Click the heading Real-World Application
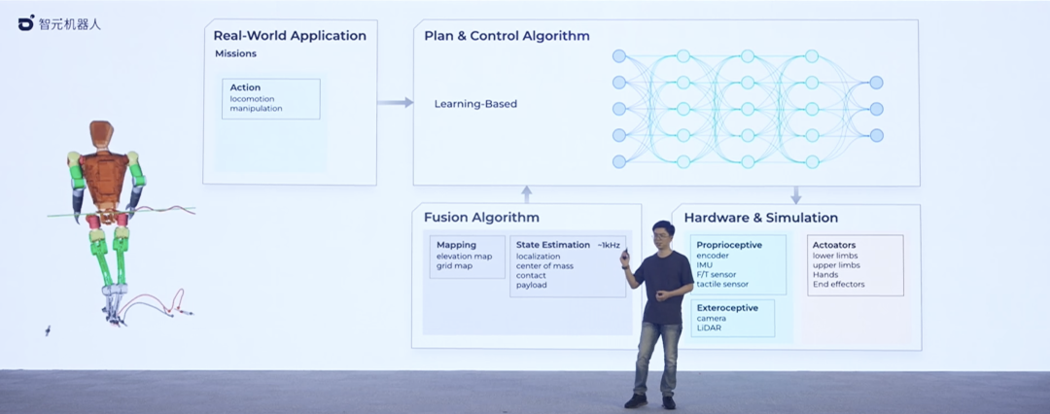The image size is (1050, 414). (290, 36)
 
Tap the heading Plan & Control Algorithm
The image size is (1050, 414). (507, 36)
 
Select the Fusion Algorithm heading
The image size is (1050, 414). (481, 218)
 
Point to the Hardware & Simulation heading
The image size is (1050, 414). (760, 218)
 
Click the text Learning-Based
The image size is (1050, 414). (475, 104)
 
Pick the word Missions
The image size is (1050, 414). (236, 54)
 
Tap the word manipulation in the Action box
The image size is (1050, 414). (257, 108)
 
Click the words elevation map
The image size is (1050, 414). (465, 256)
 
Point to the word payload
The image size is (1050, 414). (532, 285)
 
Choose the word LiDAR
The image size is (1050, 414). (709, 328)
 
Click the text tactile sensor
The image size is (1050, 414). (722, 285)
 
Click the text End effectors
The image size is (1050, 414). (838, 285)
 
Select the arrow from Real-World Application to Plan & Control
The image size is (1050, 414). (395, 102)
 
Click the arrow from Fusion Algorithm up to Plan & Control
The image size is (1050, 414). (526, 194)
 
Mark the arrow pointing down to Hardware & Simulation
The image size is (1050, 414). (795, 194)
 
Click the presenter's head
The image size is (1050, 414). (663, 234)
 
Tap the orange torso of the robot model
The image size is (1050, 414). (102, 175)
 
